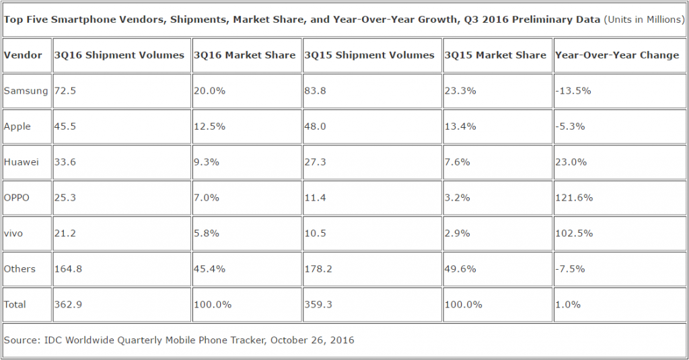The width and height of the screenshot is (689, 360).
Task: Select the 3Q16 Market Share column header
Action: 244,55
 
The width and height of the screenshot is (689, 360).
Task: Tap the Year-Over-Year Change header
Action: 617,55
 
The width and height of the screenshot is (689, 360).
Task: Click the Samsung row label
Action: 25,91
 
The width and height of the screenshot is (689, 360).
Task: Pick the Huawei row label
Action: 21,162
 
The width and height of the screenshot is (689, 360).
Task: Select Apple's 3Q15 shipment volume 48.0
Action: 316,127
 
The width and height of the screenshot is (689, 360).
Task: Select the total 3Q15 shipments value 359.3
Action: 318,304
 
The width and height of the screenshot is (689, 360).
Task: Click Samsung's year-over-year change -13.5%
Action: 573,91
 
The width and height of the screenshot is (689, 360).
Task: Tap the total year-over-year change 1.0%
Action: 567,304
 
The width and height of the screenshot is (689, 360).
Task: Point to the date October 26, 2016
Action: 312,340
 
